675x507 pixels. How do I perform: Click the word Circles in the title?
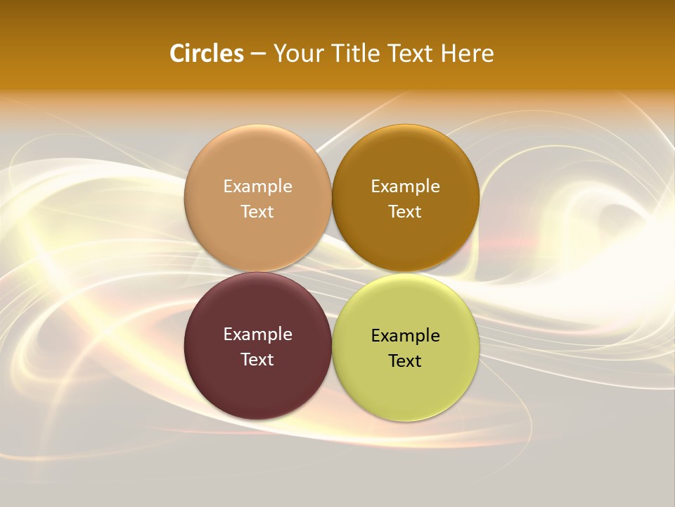(206, 54)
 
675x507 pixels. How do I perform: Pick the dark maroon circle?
(257, 384)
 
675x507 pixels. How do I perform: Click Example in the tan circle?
(257, 187)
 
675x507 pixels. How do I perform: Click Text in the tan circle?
(257, 212)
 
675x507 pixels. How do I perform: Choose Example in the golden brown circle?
(405, 187)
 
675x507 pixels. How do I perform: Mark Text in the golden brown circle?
(405, 212)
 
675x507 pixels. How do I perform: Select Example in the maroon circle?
(257, 334)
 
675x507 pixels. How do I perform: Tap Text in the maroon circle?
(257, 360)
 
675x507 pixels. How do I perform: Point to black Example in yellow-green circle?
(405, 336)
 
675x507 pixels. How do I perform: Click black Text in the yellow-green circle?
(405, 361)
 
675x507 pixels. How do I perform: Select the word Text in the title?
(411, 54)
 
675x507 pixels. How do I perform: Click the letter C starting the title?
(177, 54)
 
